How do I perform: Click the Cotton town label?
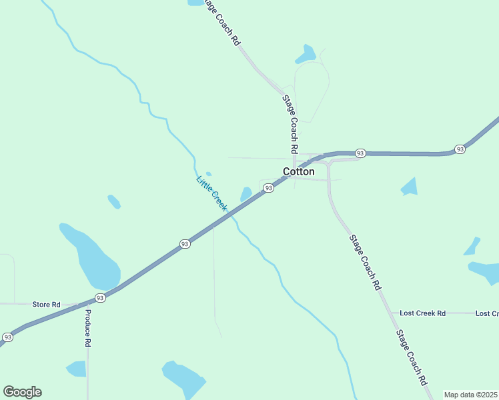(x=299, y=171)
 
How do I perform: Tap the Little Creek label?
(x=211, y=193)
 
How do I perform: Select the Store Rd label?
(x=46, y=304)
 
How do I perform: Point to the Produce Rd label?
(x=87, y=329)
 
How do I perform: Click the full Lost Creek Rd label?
(x=422, y=313)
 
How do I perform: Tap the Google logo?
(x=22, y=392)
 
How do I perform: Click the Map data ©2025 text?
(x=471, y=395)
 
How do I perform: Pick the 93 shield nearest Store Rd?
(x=100, y=298)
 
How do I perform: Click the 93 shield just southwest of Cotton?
(x=268, y=189)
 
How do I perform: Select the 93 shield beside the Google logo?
(x=7, y=337)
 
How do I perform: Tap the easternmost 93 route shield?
(x=460, y=149)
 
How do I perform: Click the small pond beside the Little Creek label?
(x=246, y=193)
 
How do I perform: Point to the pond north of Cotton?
(x=306, y=55)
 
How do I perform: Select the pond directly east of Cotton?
(x=409, y=187)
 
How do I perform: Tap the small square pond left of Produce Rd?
(x=77, y=369)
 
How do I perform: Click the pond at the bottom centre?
(x=183, y=378)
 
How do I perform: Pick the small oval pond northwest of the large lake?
(x=114, y=201)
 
